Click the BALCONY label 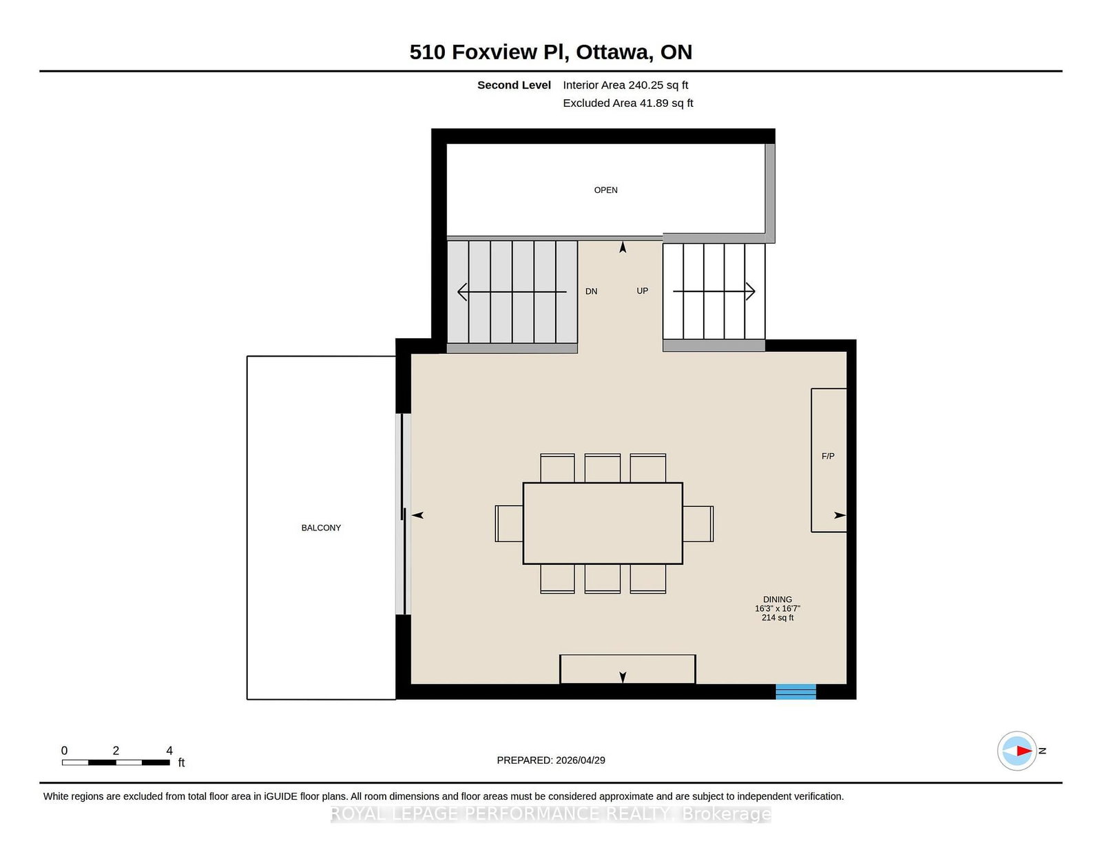click(x=321, y=528)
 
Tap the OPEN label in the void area click(x=605, y=190)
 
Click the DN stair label click(x=592, y=291)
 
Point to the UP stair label click(x=642, y=291)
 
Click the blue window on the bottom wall click(x=796, y=692)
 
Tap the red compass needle click(x=1024, y=751)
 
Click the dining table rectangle click(x=603, y=523)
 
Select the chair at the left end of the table click(x=509, y=523)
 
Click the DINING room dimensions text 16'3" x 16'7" click(x=778, y=609)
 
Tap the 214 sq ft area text click(x=778, y=618)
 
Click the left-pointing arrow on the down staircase click(x=512, y=292)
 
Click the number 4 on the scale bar click(x=169, y=751)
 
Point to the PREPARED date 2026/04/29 click(x=580, y=760)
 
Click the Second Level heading click(x=514, y=85)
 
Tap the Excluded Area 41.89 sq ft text click(x=628, y=103)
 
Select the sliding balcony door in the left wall click(x=403, y=515)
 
